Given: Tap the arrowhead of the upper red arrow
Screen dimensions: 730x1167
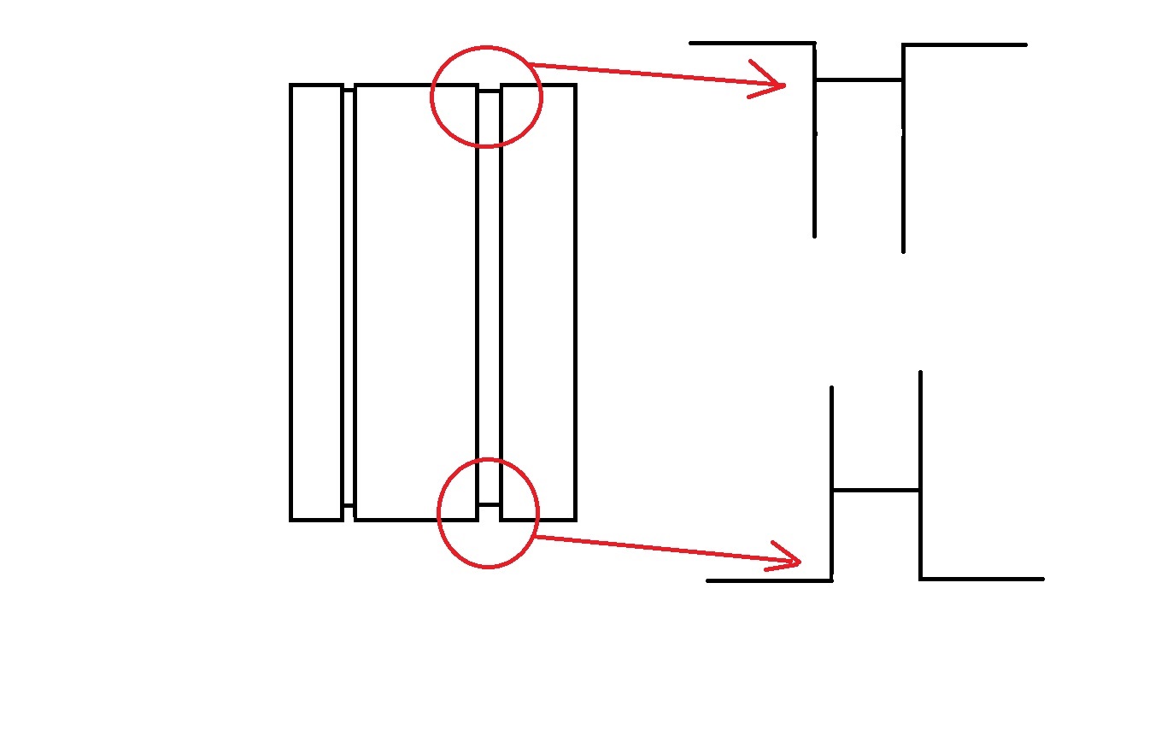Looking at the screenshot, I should pos(779,84).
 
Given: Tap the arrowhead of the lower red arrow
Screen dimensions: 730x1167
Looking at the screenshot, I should pos(795,562).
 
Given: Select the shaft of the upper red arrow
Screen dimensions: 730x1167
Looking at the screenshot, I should pos(649,74).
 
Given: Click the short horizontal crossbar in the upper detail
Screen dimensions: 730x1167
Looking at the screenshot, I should pos(859,79).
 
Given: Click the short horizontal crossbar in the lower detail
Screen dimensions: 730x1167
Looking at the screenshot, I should pos(876,490).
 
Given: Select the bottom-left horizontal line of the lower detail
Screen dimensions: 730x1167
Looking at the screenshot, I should pos(769,580).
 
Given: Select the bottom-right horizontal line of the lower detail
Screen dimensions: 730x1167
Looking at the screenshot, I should pos(982,579).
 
